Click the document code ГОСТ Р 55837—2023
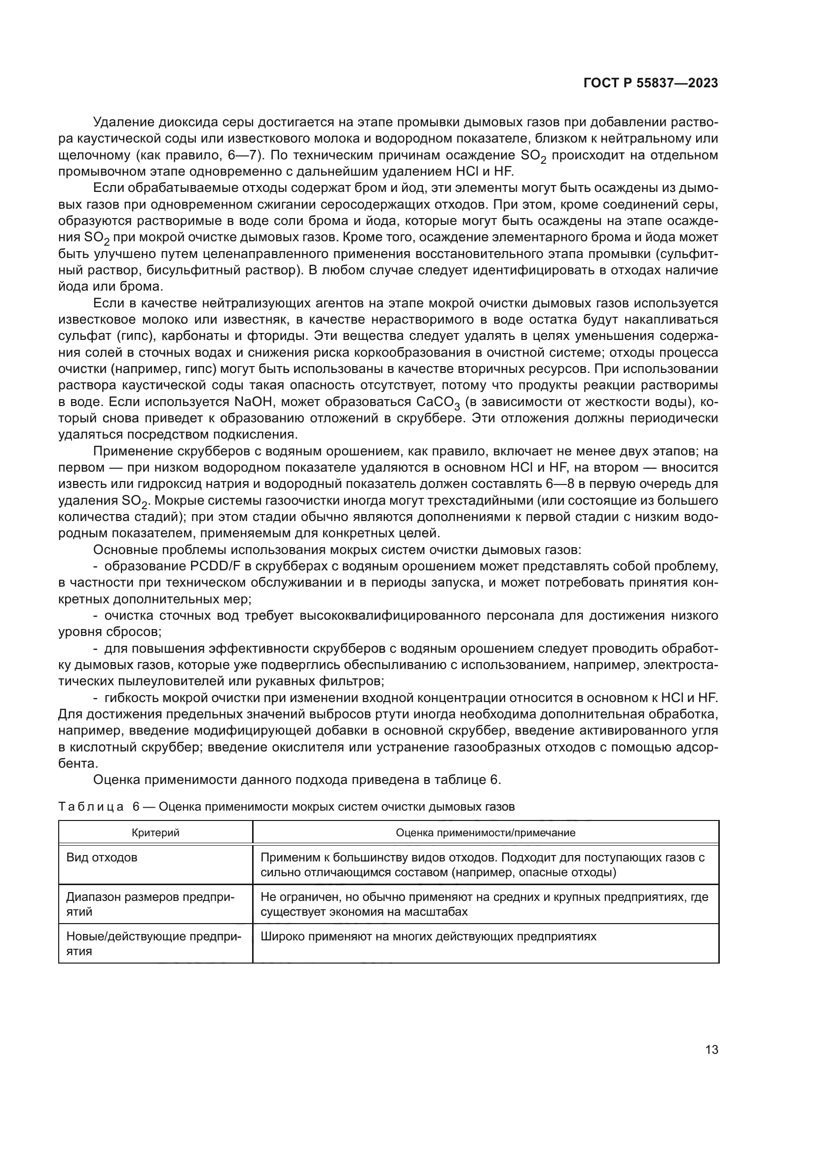click(x=651, y=83)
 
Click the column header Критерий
click(x=155, y=833)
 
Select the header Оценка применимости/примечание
click(x=485, y=833)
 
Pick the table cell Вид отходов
click(x=102, y=857)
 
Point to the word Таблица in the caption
click(x=91, y=807)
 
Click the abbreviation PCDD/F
click(x=216, y=566)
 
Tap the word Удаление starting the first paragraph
click(x=123, y=122)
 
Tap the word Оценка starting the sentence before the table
click(x=116, y=780)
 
